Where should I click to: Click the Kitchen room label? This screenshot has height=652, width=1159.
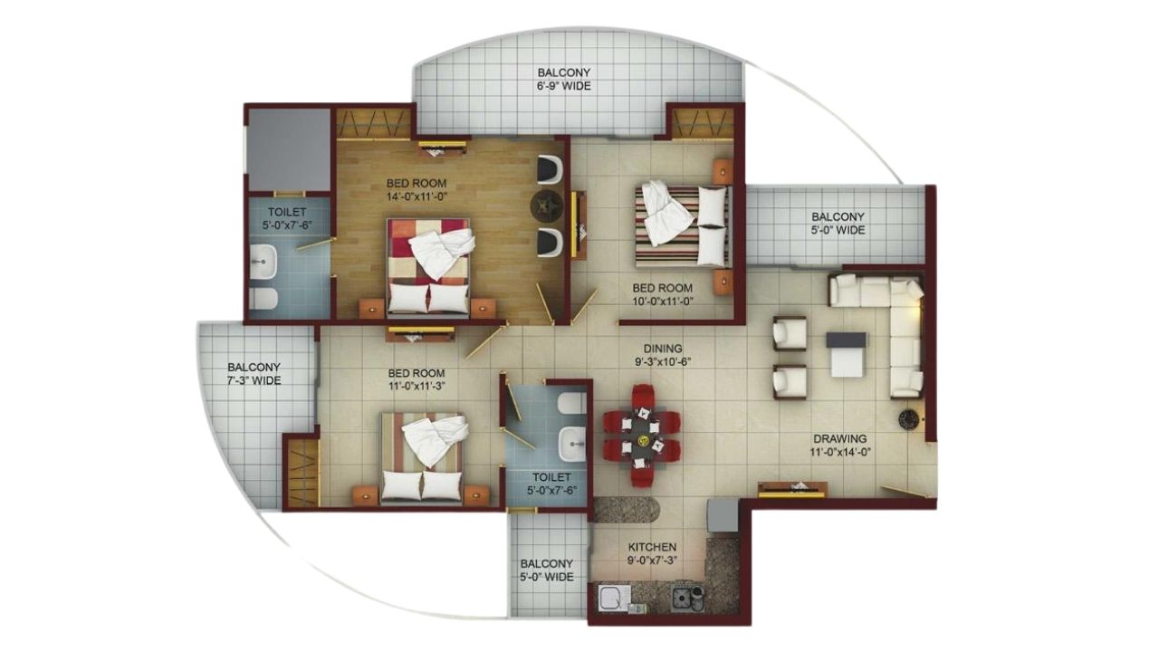(652, 553)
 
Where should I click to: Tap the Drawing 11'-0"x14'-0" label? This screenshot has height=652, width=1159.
(839, 446)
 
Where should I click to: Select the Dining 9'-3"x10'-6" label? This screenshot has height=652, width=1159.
(663, 355)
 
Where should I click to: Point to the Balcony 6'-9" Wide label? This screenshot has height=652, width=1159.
(563, 79)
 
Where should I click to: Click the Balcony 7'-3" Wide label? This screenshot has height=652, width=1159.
(254, 374)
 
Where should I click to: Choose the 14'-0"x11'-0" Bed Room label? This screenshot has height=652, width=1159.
(416, 189)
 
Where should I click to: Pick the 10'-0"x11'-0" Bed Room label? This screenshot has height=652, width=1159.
(662, 294)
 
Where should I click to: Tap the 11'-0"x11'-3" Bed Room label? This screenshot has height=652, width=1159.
(416, 379)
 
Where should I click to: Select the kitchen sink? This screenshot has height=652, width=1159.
(614, 599)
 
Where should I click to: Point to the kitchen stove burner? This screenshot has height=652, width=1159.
(682, 598)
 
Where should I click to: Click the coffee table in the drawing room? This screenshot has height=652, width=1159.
(846, 354)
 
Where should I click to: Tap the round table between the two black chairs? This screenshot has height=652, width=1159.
(547, 206)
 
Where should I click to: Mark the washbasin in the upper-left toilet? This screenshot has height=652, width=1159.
(263, 262)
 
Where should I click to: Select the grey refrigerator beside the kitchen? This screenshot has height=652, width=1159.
(723, 515)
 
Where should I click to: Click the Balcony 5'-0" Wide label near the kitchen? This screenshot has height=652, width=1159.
(546, 570)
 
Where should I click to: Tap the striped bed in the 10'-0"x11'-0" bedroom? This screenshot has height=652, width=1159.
(684, 226)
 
